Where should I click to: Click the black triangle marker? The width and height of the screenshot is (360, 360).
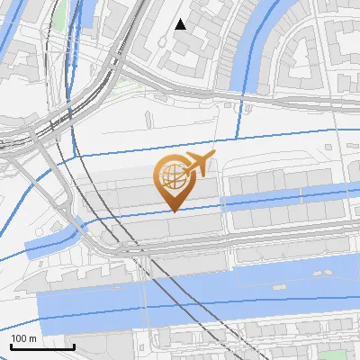[x=181, y=24]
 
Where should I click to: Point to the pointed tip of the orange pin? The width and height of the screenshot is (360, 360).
[x=171, y=211]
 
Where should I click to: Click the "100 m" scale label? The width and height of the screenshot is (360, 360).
[x=24, y=337]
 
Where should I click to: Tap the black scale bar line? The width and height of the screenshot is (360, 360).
[x=42, y=346]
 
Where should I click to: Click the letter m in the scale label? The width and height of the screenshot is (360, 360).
[x=32, y=337]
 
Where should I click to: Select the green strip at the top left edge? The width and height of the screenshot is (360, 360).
[x=60, y=13]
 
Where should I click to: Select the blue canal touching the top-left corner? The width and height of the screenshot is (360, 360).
[x=7, y=13]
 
